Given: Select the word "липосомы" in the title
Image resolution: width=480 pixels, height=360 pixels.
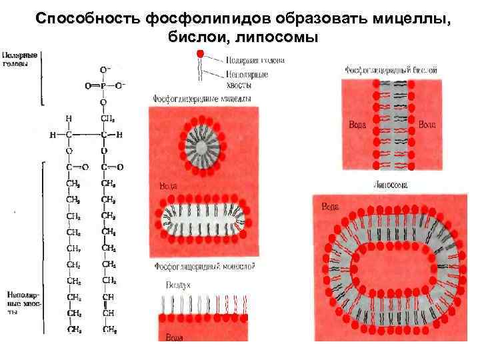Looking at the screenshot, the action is click(275, 37).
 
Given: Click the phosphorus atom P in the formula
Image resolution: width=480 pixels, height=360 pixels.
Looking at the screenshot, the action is click(103, 86).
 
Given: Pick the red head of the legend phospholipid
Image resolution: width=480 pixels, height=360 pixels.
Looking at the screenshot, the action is click(199, 53).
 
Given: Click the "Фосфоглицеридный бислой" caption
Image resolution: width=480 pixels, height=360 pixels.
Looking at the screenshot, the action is click(391, 69).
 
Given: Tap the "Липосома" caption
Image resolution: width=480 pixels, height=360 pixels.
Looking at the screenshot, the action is click(391, 184).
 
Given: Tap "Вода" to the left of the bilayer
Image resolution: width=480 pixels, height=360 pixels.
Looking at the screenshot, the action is click(357, 125).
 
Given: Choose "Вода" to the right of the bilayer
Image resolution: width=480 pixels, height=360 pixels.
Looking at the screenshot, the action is click(427, 125).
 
